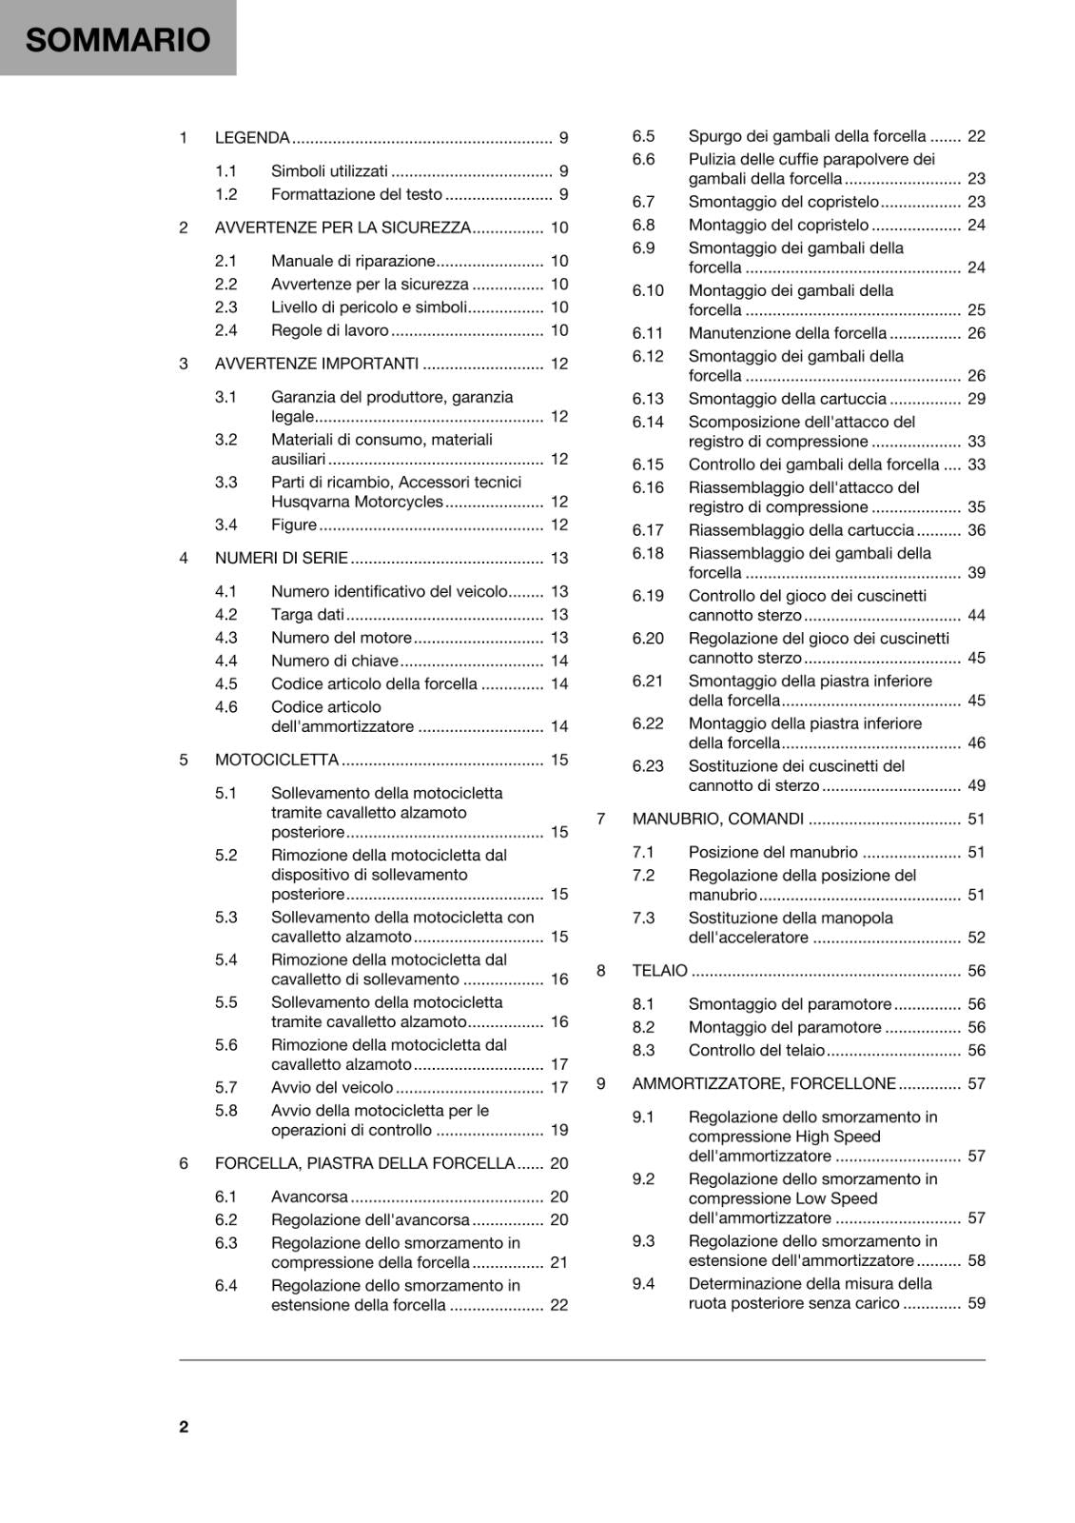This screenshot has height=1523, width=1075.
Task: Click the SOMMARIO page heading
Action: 118,40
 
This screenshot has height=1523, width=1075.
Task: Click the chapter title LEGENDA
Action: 252,138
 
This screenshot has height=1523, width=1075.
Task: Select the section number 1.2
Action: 225,194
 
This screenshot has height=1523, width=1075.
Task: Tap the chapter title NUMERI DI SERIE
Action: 282,558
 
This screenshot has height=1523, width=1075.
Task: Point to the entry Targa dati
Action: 307,615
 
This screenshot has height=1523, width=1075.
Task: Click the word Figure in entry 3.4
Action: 294,524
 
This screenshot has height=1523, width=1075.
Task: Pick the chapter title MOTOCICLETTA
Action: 277,760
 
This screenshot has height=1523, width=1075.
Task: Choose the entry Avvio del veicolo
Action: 332,1087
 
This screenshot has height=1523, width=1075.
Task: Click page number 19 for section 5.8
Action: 559,1130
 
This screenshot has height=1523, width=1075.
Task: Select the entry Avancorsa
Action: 309,1197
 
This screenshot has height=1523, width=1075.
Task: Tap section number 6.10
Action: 648,290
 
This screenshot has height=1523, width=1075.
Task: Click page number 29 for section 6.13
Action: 976,399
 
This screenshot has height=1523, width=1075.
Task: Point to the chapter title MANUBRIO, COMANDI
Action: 718,819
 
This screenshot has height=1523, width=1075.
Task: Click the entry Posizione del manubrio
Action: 773,852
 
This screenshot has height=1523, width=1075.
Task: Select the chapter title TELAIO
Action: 659,971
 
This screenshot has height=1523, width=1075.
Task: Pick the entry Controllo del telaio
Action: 757,1050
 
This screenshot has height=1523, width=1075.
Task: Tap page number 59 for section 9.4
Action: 976,1303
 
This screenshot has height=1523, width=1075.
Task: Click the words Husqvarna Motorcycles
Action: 357,502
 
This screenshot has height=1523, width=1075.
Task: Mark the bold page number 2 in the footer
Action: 184,1426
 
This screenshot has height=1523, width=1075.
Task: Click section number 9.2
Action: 643,1178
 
